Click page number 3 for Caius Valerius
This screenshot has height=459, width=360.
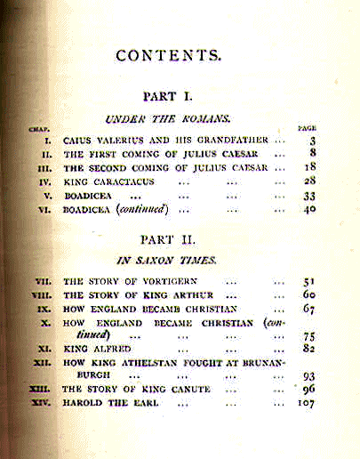point(312,141)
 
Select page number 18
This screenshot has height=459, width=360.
point(310,167)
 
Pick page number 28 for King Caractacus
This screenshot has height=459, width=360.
point(310,181)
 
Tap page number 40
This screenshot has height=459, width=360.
point(310,210)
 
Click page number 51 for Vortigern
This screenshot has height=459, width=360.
point(309,282)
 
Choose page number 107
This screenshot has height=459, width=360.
point(307,403)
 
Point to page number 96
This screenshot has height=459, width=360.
point(309,389)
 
